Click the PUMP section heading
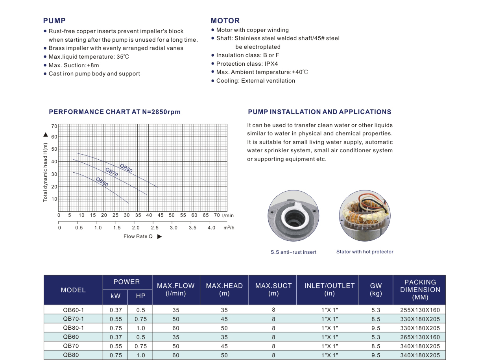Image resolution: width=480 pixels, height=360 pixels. [x=54, y=21]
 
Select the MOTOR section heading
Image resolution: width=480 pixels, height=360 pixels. [x=225, y=21]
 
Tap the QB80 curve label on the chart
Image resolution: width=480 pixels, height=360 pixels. [x=126, y=168]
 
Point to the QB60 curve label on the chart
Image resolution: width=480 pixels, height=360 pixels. [x=102, y=182]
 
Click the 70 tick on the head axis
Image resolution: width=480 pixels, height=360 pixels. [x=54, y=126]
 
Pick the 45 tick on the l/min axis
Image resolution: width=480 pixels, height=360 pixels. [x=161, y=216]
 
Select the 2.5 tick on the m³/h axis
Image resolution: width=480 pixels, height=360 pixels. [x=155, y=228]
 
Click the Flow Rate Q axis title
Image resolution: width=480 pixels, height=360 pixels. [x=138, y=236]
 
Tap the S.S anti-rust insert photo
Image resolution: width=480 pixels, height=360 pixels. [x=293, y=216]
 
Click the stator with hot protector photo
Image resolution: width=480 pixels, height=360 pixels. [x=365, y=216]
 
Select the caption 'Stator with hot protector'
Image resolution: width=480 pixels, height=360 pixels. [x=365, y=252]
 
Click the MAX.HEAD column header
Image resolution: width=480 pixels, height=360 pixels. [x=224, y=290]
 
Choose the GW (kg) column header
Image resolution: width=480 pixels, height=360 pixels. [x=376, y=290]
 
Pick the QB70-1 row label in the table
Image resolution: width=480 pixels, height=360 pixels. [x=73, y=319]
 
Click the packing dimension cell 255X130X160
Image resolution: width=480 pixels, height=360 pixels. [x=420, y=310]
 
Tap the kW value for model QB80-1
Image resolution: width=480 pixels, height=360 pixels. [x=116, y=328]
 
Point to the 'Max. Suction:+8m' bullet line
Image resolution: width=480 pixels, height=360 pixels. [x=74, y=65]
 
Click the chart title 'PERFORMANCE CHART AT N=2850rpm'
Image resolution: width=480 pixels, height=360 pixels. [x=115, y=112]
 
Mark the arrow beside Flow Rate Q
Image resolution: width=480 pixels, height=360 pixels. [x=159, y=236]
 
